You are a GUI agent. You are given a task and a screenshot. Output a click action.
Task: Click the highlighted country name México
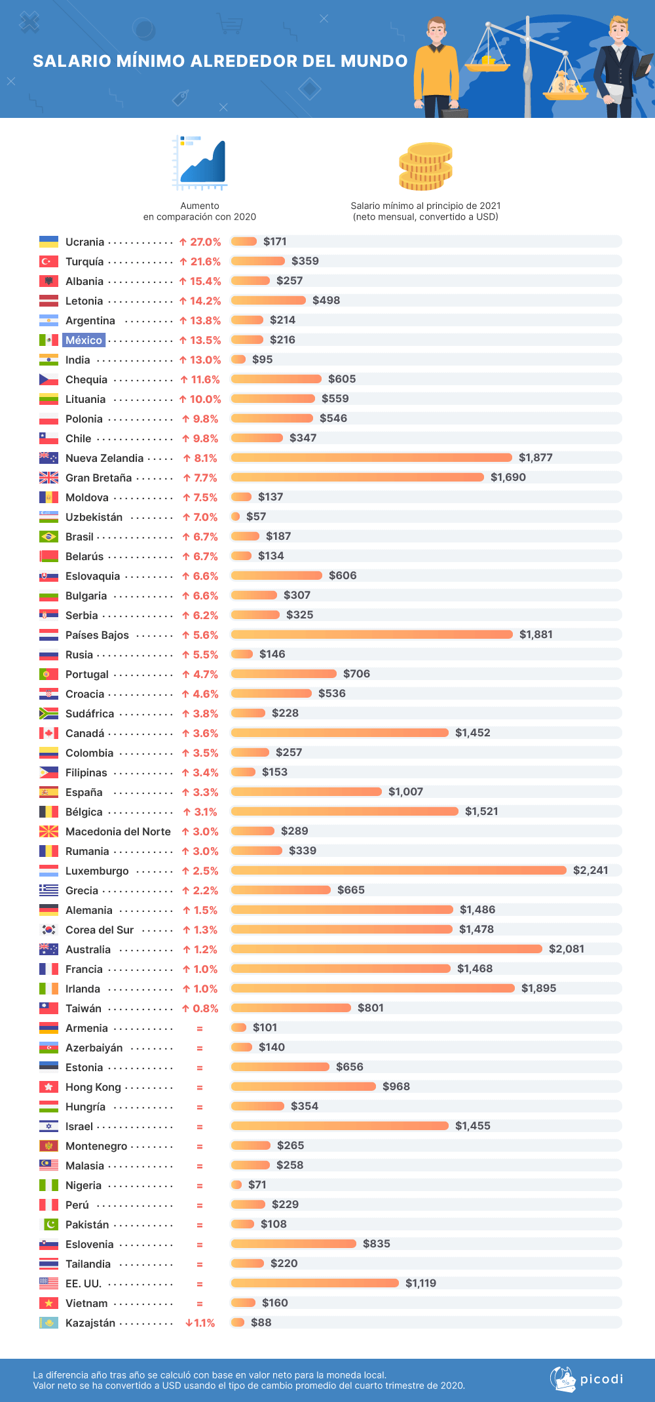click(84, 340)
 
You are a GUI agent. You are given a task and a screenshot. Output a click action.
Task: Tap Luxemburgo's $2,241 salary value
click(590, 870)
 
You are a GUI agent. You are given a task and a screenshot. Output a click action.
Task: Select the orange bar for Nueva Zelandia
click(371, 457)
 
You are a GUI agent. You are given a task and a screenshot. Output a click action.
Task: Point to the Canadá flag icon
click(48, 733)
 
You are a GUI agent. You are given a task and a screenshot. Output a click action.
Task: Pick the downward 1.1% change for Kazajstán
click(200, 1323)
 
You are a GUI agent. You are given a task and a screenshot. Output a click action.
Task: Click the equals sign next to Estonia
click(200, 1068)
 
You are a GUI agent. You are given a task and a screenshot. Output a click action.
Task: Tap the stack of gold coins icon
click(426, 167)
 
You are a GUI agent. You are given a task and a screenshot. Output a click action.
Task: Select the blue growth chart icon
click(200, 162)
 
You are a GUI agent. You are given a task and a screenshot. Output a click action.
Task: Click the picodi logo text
click(601, 1379)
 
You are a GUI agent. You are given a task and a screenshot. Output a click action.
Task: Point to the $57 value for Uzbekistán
click(256, 516)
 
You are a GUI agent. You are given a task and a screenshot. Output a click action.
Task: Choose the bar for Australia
click(386, 949)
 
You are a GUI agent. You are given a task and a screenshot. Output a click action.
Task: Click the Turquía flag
click(48, 261)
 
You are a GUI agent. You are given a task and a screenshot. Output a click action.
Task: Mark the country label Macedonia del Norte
click(118, 831)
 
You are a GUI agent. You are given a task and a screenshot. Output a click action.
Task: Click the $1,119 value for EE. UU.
click(421, 1283)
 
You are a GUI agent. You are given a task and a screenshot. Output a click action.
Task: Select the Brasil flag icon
click(48, 537)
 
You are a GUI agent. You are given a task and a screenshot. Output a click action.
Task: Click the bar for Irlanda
click(373, 988)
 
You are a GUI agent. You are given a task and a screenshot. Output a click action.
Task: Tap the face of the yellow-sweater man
click(436, 32)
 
